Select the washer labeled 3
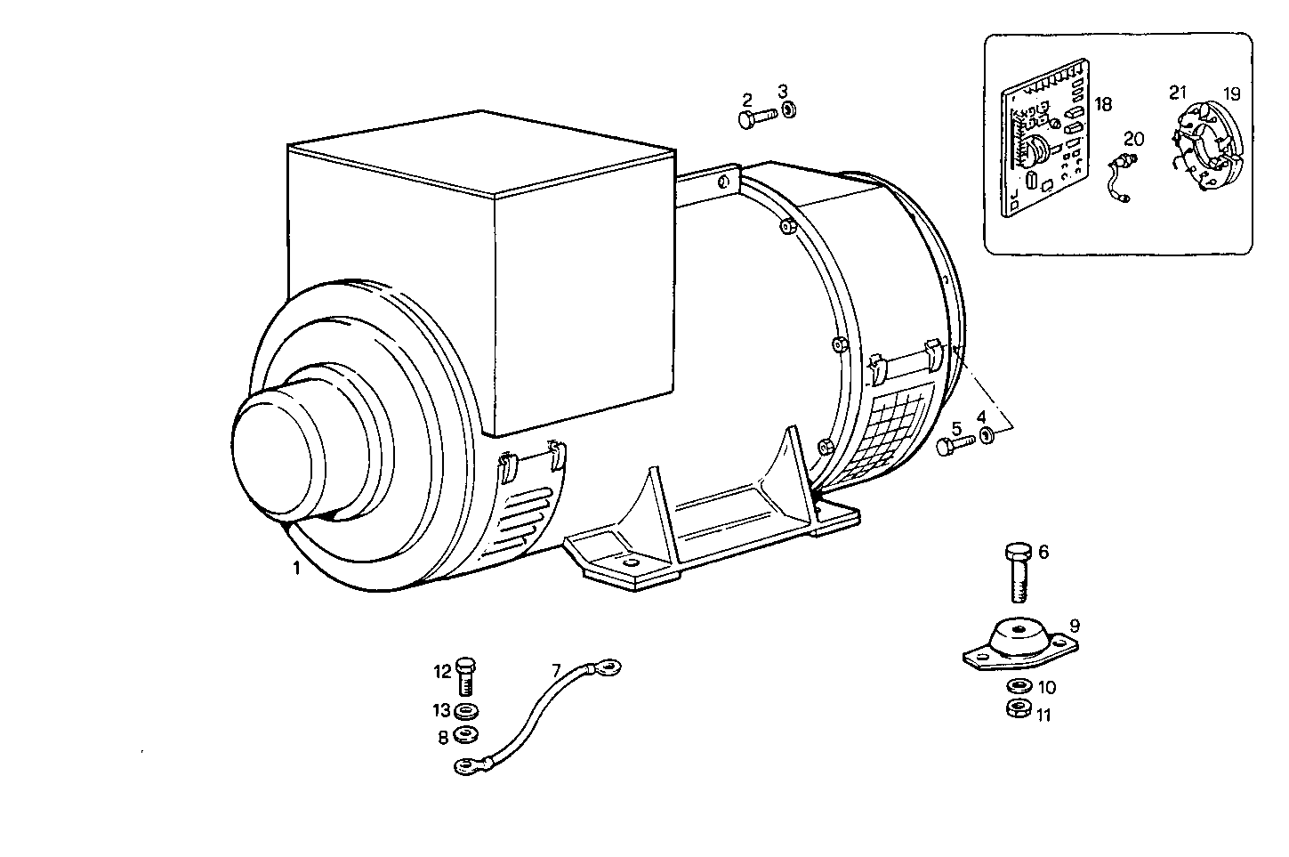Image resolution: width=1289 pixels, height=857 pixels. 788,112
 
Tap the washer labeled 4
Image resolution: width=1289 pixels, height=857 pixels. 986,435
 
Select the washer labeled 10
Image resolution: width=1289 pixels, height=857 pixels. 1017,687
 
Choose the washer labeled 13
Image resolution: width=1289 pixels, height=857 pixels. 464,711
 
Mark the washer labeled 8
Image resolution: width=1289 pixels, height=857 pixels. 464,735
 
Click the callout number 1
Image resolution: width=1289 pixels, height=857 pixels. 296,567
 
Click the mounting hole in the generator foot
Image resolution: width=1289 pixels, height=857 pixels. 631,563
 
